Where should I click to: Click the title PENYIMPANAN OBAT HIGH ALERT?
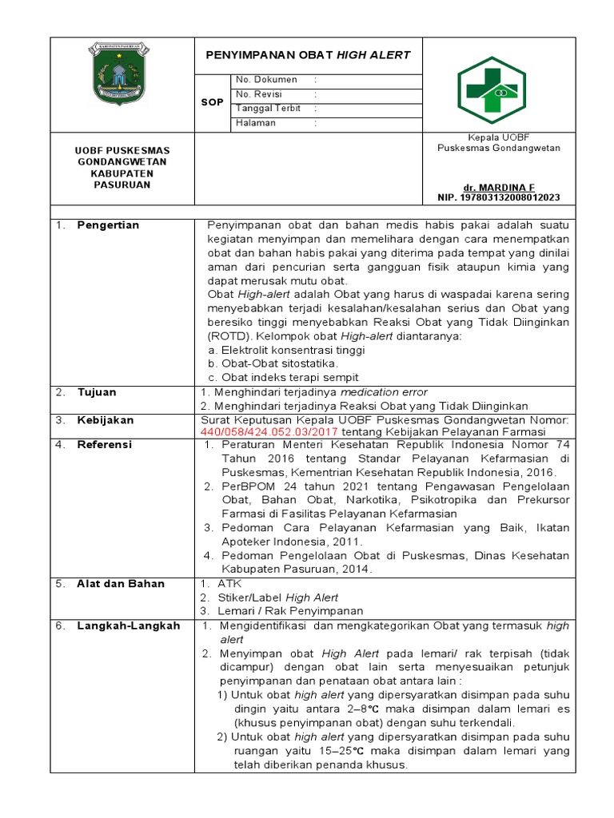(308, 55)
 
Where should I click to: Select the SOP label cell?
(212, 102)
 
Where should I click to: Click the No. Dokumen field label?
(265, 80)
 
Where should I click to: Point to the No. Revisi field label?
(260, 94)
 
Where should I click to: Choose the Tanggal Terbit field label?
(268, 109)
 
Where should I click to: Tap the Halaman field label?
(256, 123)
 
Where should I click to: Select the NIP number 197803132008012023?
(499, 197)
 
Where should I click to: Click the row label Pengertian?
(108, 225)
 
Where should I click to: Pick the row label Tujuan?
(97, 392)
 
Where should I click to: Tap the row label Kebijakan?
(106, 420)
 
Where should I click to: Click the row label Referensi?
(105, 445)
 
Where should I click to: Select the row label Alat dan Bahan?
(121, 584)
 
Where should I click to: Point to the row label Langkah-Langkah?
(129, 625)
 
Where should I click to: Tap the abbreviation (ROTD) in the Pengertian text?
(230, 336)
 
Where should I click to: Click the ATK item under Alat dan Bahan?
(229, 584)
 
